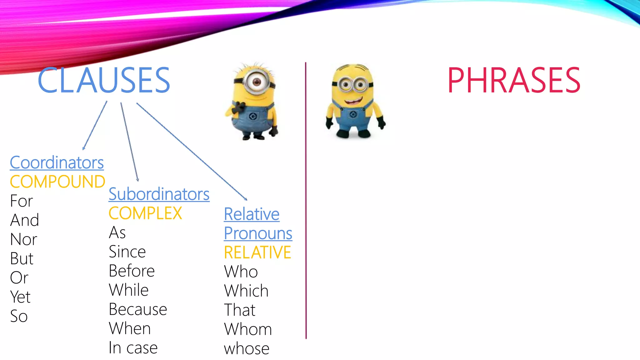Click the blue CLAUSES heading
point(104,80)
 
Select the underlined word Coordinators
point(57,162)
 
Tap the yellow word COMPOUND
point(57,182)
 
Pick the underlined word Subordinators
point(159,194)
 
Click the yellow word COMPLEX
point(145,213)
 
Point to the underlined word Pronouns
point(258,233)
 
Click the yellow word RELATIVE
point(257,252)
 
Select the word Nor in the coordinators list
point(23,239)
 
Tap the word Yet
point(20,297)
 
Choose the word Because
point(138,309)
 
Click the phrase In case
point(133,348)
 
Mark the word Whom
point(248,329)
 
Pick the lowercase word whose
point(247,348)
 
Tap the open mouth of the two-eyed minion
point(353,101)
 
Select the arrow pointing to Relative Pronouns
point(191,151)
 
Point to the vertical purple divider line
point(306,200)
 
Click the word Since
point(127,252)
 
